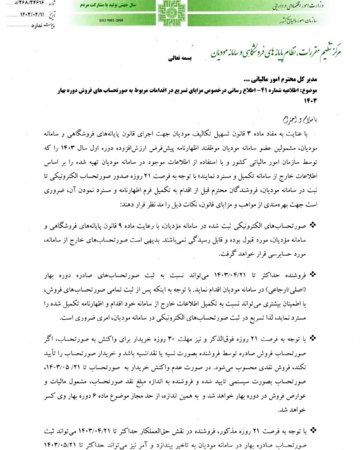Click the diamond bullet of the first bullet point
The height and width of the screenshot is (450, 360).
point(313,225)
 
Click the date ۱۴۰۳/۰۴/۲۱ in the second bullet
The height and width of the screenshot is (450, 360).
point(227,275)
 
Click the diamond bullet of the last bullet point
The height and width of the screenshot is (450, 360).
point(313,429)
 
